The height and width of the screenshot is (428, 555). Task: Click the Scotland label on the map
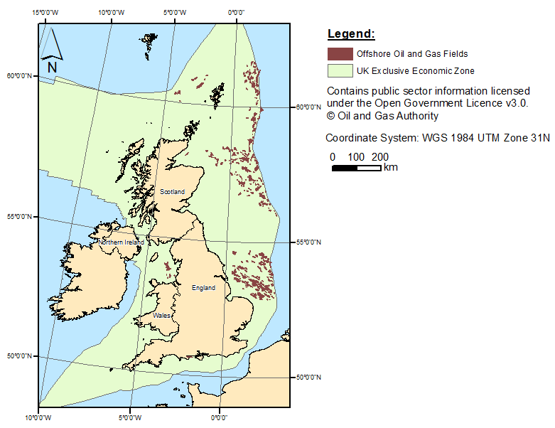[x=172, y=192]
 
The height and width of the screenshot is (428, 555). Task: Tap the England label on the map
[x=203, y=288]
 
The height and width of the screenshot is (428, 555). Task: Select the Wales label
[x=161, y=315]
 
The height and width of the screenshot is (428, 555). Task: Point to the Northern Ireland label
[x=121, y=242]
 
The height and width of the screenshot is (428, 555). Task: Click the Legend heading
[x=350, y=34]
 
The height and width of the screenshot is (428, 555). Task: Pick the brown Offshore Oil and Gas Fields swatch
[x=340, y=53]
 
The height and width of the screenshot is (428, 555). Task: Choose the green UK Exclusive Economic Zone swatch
[x=340, y=70]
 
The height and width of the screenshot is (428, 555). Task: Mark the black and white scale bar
[x=357, y=168]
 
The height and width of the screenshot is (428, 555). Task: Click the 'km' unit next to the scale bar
[x=390, y=168]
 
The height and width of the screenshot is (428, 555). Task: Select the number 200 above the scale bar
[x=380, y=157]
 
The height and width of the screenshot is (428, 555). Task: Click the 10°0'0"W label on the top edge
[x=112, y=12]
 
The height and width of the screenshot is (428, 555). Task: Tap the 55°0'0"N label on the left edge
[x=19, y=216]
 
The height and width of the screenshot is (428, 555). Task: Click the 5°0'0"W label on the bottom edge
[x=131, y=417]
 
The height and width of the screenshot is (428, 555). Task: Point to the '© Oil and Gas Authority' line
[x=382, y=116]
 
